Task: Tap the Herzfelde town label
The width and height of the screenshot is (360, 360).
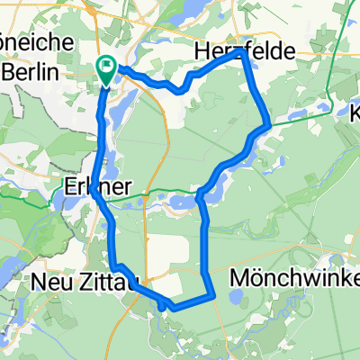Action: (244, 55)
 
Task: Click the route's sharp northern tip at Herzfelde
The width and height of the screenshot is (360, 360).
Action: (242, 53)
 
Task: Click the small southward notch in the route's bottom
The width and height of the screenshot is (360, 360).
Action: (162, 306)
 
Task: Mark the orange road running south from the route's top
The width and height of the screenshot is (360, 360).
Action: (167, 135)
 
